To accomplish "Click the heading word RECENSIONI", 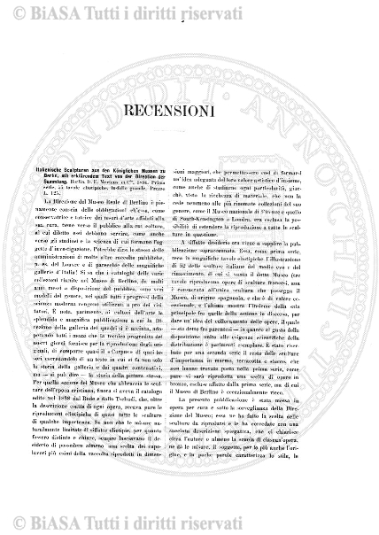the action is click(x=189, y=136).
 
